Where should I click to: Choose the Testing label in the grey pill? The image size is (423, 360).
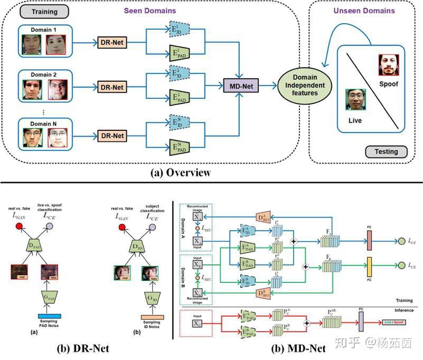tap(387, 151)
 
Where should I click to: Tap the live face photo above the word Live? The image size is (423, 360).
tap(356, 100)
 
